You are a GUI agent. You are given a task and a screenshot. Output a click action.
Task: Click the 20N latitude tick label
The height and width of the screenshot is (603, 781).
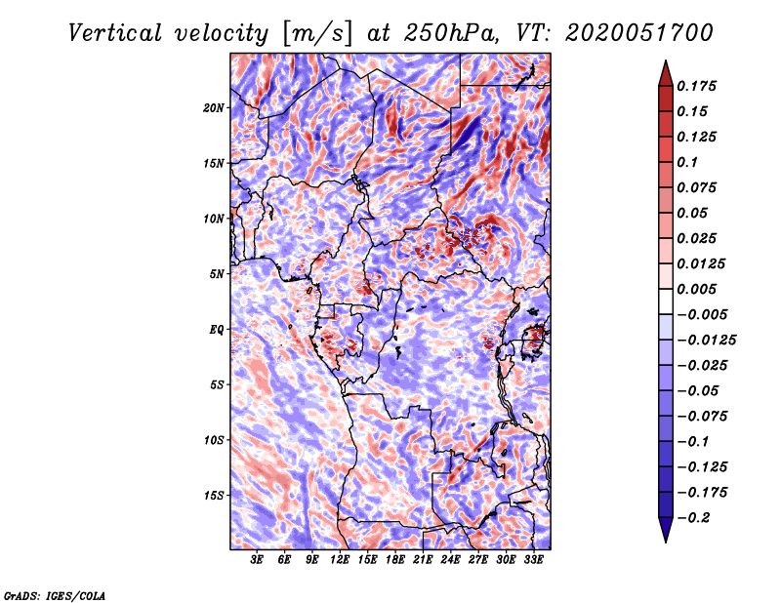coord(214,107)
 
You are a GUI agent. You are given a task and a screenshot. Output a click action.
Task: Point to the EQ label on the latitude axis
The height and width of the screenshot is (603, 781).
coord(216,330)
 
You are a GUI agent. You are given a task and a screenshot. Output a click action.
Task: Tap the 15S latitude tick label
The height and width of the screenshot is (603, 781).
coord(214,496)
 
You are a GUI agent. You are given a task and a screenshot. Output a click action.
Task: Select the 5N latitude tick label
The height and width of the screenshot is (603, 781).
coord(217,274)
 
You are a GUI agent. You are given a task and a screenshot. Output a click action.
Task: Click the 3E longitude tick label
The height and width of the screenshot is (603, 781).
coord(258,560)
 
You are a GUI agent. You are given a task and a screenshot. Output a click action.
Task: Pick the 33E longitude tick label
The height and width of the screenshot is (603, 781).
coord(533,560)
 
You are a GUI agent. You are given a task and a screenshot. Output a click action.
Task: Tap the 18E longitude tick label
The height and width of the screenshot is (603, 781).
coord(395,560)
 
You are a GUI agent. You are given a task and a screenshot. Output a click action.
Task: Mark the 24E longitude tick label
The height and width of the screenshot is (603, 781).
coord(450,560)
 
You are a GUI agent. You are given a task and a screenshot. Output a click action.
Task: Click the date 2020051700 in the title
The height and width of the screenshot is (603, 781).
coord(624,33)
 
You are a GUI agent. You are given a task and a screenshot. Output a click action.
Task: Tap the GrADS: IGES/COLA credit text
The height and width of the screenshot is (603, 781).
coord(55,594)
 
